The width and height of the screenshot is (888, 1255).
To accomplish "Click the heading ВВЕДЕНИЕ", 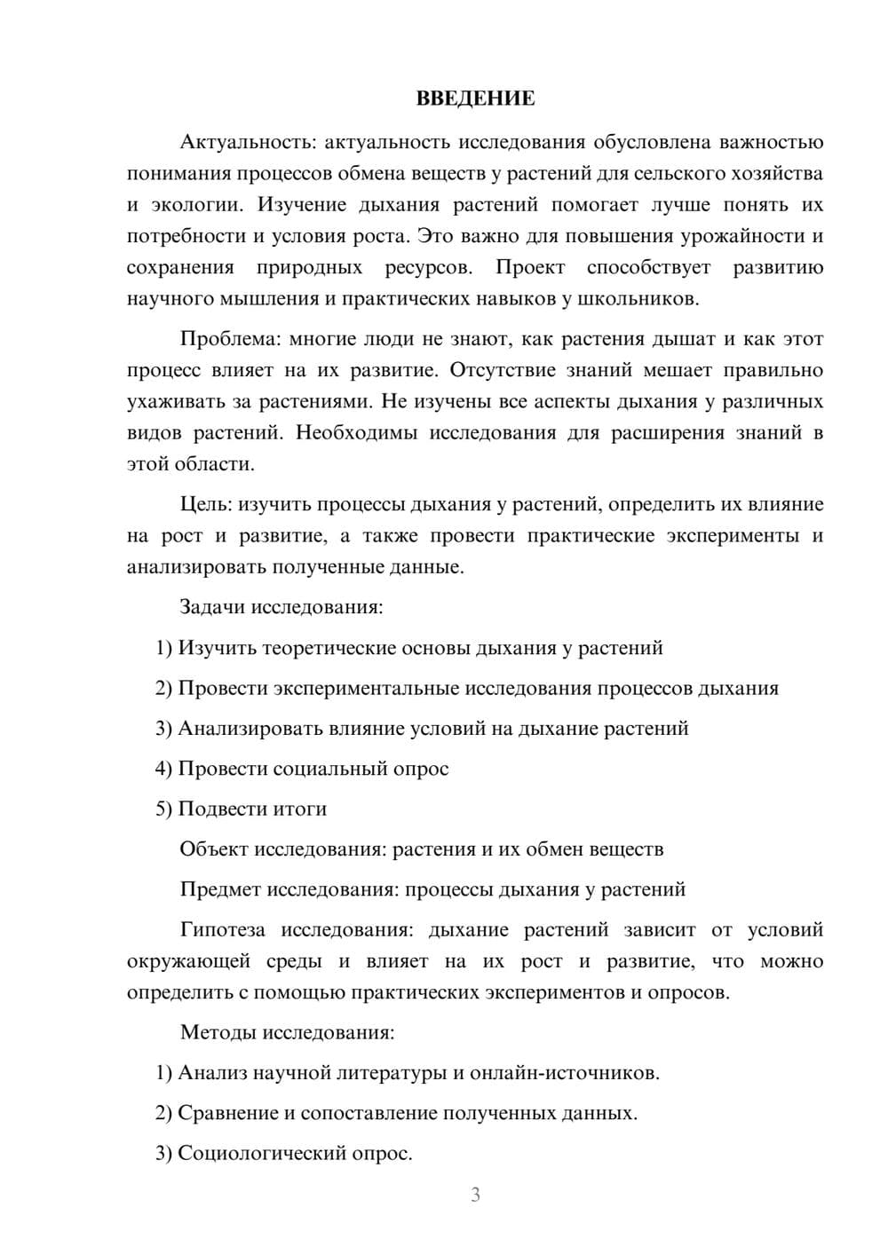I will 475,99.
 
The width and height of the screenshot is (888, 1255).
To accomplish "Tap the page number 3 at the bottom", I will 475,1195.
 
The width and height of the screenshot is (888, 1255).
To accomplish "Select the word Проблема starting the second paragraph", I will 222,339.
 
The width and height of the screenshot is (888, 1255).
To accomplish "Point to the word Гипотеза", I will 222,930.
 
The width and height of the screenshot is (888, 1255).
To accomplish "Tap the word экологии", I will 196,205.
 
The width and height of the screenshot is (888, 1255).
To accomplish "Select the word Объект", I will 214,849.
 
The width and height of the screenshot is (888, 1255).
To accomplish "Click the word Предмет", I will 220,889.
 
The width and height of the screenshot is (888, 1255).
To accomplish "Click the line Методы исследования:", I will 287,1032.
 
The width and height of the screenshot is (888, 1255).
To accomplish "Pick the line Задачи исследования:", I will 281,607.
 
